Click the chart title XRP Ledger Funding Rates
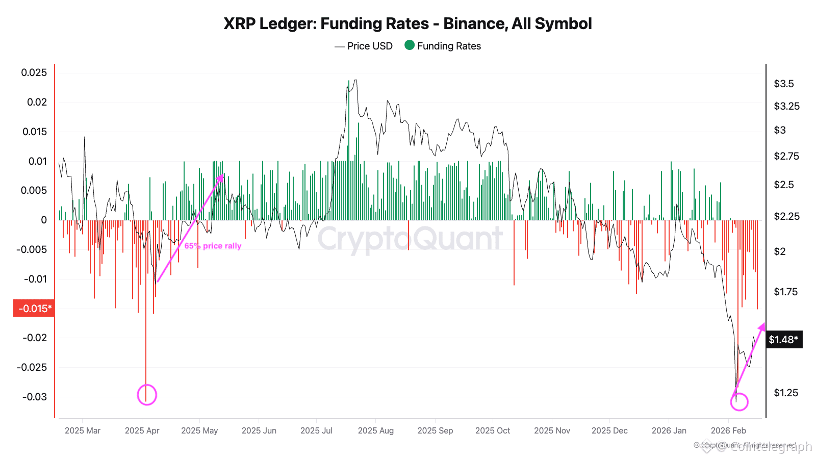point(407,23)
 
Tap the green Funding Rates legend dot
point(409,45)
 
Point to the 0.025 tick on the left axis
point(34,72)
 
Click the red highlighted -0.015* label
point(34,309)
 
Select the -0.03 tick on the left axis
point(35,397)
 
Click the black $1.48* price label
point(783,340)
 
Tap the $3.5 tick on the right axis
point(784,84)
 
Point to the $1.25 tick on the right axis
point(786,393)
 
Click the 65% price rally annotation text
point(213,246)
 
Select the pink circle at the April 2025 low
point(147,395)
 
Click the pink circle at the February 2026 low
point(739,402)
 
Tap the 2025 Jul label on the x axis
point(316,430)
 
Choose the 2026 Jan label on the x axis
point(669,430)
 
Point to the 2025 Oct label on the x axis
point(492,430)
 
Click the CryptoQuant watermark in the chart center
point(410,239)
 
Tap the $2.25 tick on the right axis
point(786,216)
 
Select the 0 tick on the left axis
point(44,220)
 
